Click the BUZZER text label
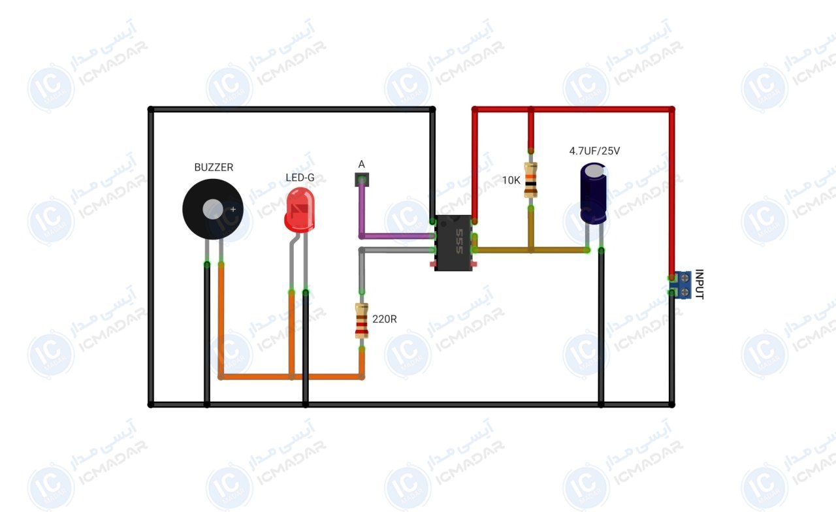[214, 167]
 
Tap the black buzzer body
[213, 210]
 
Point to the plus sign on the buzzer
[233, 210]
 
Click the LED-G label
[300, 178]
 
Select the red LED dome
[300, 210]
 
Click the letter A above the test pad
[361, 164]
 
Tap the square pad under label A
[362, 180]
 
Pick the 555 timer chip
[453, 243]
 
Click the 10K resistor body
[531, 180]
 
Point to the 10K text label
[511, 181]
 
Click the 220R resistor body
[362, 321]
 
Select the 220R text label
[385, 319]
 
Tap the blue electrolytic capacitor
[593, 193]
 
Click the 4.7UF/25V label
[594, 151]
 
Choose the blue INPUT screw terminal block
[681, 285]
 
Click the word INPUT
[699, 284]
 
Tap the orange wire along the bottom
[291, 377]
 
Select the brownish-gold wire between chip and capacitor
[531, 250]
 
